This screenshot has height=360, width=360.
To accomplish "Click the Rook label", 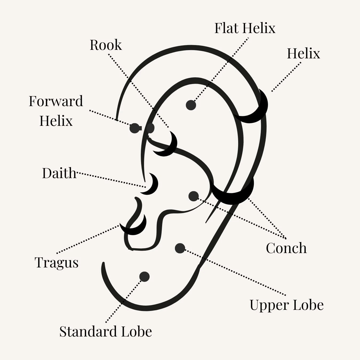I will pos(106,45).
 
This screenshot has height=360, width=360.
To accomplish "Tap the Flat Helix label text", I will pos(245,28).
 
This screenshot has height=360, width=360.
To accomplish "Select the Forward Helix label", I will pos(56,111).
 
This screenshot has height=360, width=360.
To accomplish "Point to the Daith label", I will pos(59,173).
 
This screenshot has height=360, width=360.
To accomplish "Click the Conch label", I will pos(286,248).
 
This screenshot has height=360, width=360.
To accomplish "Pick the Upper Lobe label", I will pos(287,305).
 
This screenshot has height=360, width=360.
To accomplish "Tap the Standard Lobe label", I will pos(106,331).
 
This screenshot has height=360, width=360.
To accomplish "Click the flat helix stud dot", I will pos(191,105).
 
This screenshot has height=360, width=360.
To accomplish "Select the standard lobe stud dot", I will pos(144,277).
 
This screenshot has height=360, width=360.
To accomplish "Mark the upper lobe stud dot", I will pos(180,248).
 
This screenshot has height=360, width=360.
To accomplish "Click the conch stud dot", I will pos(194,196).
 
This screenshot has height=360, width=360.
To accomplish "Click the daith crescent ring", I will pos(153,184).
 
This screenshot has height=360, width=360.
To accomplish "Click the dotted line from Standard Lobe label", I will pos(123,300).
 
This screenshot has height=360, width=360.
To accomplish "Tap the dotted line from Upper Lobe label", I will pos(235,272).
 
